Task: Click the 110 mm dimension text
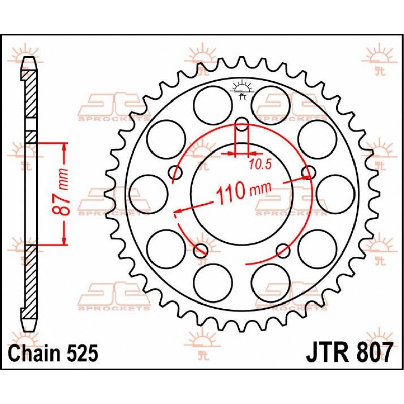pyautogui.click(x=243, y=191)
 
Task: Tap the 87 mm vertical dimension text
pyautogui.click(x=61, y=192)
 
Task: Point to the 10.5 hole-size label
pyautogui.click(x=261, y=165)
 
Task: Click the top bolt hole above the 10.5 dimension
pyautogui.click(x=242, y=124)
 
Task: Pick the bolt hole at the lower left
pyautogui.click(x=200, y=250)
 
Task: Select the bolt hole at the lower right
pyautogui.click(x=283, y=250)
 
